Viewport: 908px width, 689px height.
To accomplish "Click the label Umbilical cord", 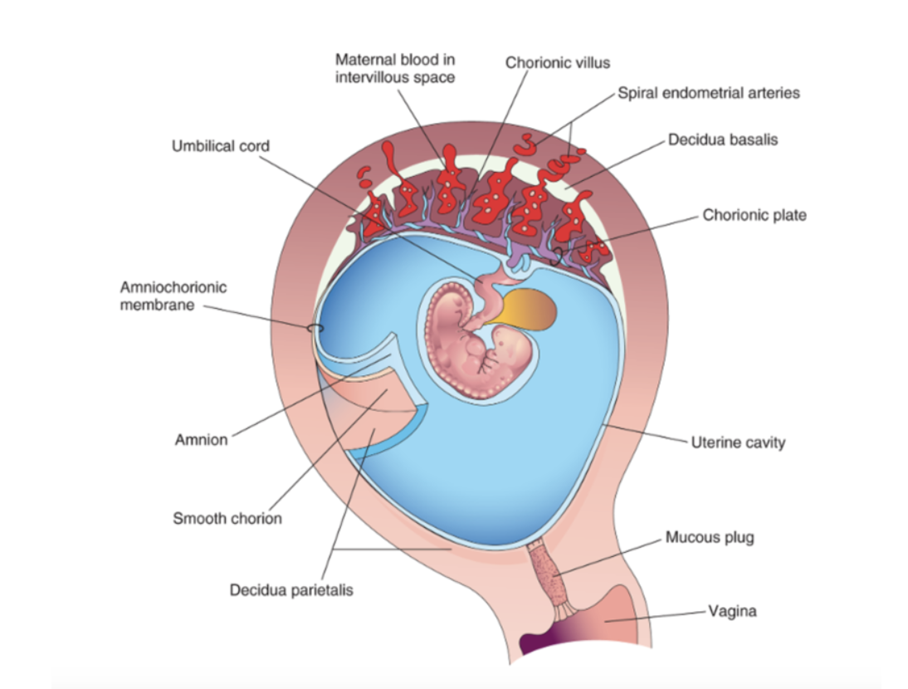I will click(x=220, y=146).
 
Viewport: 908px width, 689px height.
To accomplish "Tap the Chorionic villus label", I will click(x=557, y=63).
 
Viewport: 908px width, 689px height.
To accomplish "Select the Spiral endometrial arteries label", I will click(x=709, y=93).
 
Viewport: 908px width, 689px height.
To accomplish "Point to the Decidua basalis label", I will click(x=723, y=140).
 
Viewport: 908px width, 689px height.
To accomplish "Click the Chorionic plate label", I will click(x=754, y=215).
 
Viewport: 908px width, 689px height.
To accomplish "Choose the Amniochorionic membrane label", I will click(x=173, y=296).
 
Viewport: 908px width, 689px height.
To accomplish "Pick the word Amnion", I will click(x=201, y=440).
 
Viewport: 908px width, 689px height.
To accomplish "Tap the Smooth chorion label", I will click(x=227, y=519).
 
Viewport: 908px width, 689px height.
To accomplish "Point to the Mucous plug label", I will click(x=710, y=538).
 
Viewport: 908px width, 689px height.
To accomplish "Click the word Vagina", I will click(x=732, y=612).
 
